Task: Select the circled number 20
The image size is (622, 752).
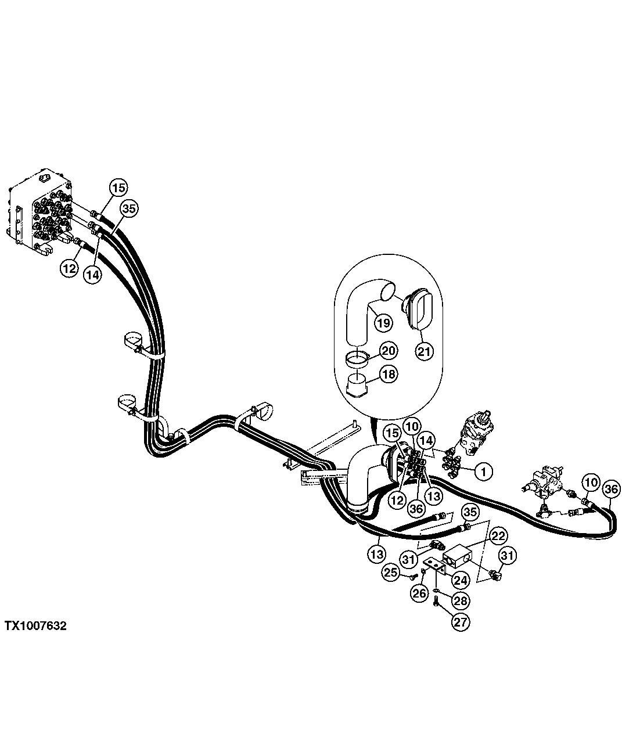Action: click(x=389, y=351)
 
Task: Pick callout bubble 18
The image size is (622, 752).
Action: click(x=389, y=374)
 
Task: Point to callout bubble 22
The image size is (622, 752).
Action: click(x=497, y=536)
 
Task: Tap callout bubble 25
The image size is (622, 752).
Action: click(x=391, y=573)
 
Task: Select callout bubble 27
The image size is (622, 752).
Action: click(x=461, y=622)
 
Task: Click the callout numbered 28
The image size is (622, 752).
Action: click(x=461, y=599)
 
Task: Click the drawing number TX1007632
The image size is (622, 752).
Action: click(x=35, y=626)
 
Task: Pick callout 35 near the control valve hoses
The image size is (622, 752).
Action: click(x=129, y=209)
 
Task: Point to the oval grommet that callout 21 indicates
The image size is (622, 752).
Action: click(x=414, y=310)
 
